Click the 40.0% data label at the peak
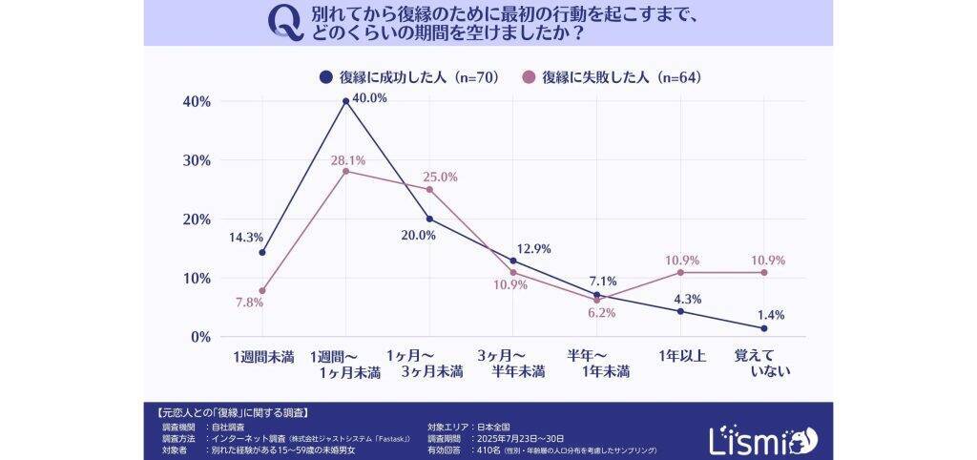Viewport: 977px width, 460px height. click(370, 98)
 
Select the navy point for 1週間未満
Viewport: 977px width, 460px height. click(261, 252)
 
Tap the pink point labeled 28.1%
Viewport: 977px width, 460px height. click(345, 171)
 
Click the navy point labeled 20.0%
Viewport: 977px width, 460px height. click(429, 219)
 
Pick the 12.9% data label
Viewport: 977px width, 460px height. click(532, 249)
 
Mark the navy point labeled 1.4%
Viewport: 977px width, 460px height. click(764, 328)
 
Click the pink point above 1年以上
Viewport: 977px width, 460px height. click(680, 272)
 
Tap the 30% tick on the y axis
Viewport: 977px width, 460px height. click(196, 160)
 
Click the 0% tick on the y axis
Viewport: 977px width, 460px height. click(198, 337)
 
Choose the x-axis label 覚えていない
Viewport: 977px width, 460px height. click(764, 364)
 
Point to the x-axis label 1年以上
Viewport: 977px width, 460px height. click(681, 356)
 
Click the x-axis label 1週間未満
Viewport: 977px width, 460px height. click(262, 356)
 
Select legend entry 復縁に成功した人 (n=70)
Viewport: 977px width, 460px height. click(410, 77)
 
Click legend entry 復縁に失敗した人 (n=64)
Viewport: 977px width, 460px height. click(612, 77)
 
